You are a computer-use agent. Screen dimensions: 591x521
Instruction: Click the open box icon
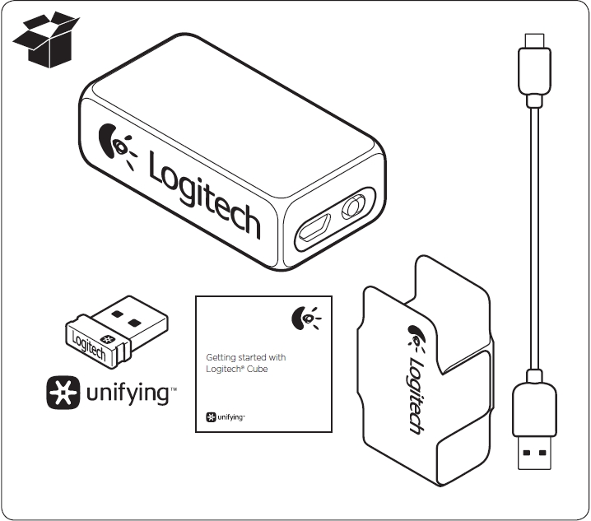point(46,40)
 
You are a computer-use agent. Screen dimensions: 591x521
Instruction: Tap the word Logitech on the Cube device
point(205,196)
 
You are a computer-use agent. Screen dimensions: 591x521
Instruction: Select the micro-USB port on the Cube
point(314,227)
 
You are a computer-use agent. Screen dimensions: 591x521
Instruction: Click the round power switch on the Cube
point(354,207)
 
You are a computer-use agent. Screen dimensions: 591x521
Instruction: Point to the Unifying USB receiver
point(117,332)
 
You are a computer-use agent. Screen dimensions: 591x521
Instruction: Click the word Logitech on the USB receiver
point(89,347)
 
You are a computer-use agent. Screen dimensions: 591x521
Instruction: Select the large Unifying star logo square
point(63,393)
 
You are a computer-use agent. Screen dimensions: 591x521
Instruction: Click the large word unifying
point(128,394)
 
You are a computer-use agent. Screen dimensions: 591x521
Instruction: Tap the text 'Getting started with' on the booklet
point(246,357)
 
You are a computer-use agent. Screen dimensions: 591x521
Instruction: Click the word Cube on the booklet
point(258,369)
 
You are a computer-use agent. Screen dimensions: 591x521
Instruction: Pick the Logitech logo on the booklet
point(306,319)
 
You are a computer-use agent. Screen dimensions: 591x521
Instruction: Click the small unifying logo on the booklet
point(226,417)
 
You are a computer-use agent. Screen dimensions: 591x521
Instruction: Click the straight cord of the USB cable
point(534,239)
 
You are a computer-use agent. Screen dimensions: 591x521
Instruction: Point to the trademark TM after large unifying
point(174,389)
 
